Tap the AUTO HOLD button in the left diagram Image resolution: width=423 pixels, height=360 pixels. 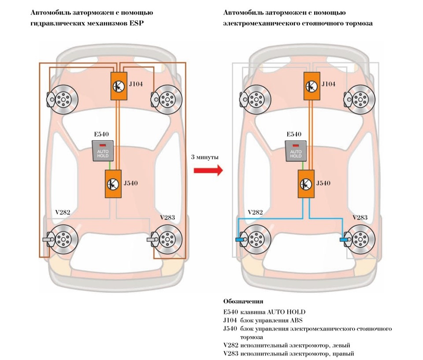click(x=102, y=151)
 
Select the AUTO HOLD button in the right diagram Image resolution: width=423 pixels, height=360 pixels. click(x=296, y=151)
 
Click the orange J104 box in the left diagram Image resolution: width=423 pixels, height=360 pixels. click(x=118, y=85)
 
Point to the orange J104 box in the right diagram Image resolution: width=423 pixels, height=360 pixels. click(x=312, y=85)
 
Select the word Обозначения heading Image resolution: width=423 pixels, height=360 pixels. click(x=244, y=302)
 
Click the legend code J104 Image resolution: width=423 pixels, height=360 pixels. click(x=230, y=320)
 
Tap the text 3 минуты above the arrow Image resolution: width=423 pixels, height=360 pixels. click(x=205, y=157)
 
